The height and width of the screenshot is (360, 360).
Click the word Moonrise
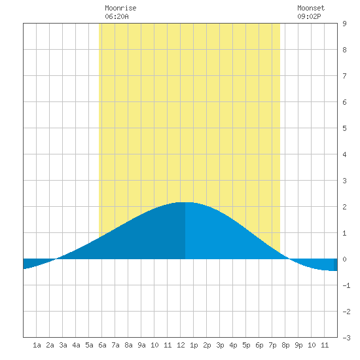(120, 8)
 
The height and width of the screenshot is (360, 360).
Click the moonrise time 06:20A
(117, 16)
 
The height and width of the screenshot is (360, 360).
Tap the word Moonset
(311, 8)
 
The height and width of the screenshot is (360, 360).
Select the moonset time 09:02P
(309, 16)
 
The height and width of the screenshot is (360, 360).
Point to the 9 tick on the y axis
(344, 24)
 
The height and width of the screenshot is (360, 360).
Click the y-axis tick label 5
(344, 128)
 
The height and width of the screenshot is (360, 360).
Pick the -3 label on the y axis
(346, 338)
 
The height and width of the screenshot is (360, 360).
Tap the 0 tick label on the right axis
(344, 259)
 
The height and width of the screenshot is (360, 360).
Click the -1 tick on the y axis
(346, 285)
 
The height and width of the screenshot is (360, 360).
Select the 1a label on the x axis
(37, 345)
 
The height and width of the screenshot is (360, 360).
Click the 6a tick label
(102, 345)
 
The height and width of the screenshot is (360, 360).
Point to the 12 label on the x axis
(181, 345)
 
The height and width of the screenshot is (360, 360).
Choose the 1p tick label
(194, 345)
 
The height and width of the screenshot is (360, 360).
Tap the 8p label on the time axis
(285, 345)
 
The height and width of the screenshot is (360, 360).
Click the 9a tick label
(141, 345)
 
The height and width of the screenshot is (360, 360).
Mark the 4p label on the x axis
(233, 345)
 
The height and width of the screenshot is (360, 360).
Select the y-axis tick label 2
(344, 207)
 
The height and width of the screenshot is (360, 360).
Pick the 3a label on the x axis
(63, 345)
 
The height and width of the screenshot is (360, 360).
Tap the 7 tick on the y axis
(344, 76)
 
